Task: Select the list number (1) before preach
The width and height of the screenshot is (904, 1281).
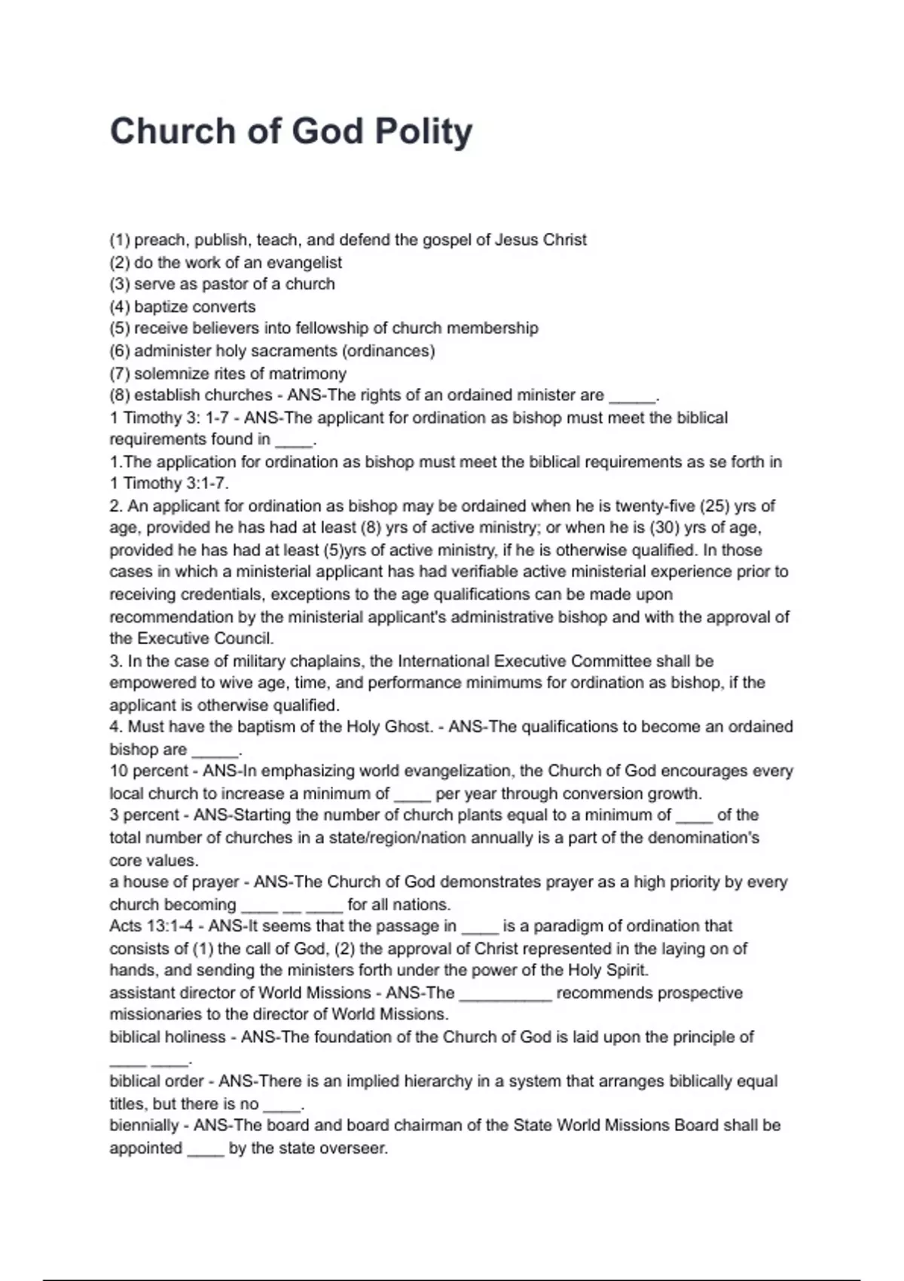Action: (x=120, y=240)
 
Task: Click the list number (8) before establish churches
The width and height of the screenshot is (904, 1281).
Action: (x=120, y=395)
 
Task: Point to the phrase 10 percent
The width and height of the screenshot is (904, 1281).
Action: (x=148, y=771)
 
